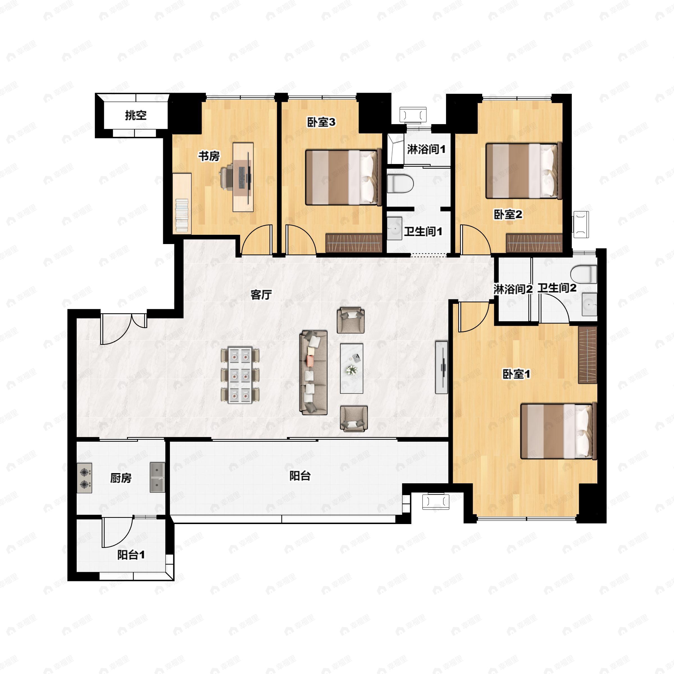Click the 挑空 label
click(x=136, y=115)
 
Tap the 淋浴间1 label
click(x=426, y=149)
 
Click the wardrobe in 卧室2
click(x=534, y=243)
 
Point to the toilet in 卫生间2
click(x=584, y=274)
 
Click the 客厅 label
click(x=261, y=295)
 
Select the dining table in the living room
click(x=240, y=375)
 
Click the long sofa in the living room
click(x=314, y=373)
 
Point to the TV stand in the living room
click(x=442, y=367)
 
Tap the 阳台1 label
click(x=131, y=555)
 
